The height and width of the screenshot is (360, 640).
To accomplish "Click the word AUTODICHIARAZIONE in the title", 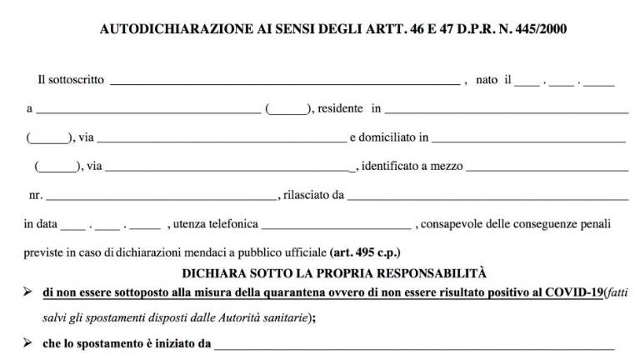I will pyautogui.click(x=164, y=29).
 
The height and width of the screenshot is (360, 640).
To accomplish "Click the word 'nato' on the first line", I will pyautogui.click(x=487, y=80).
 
